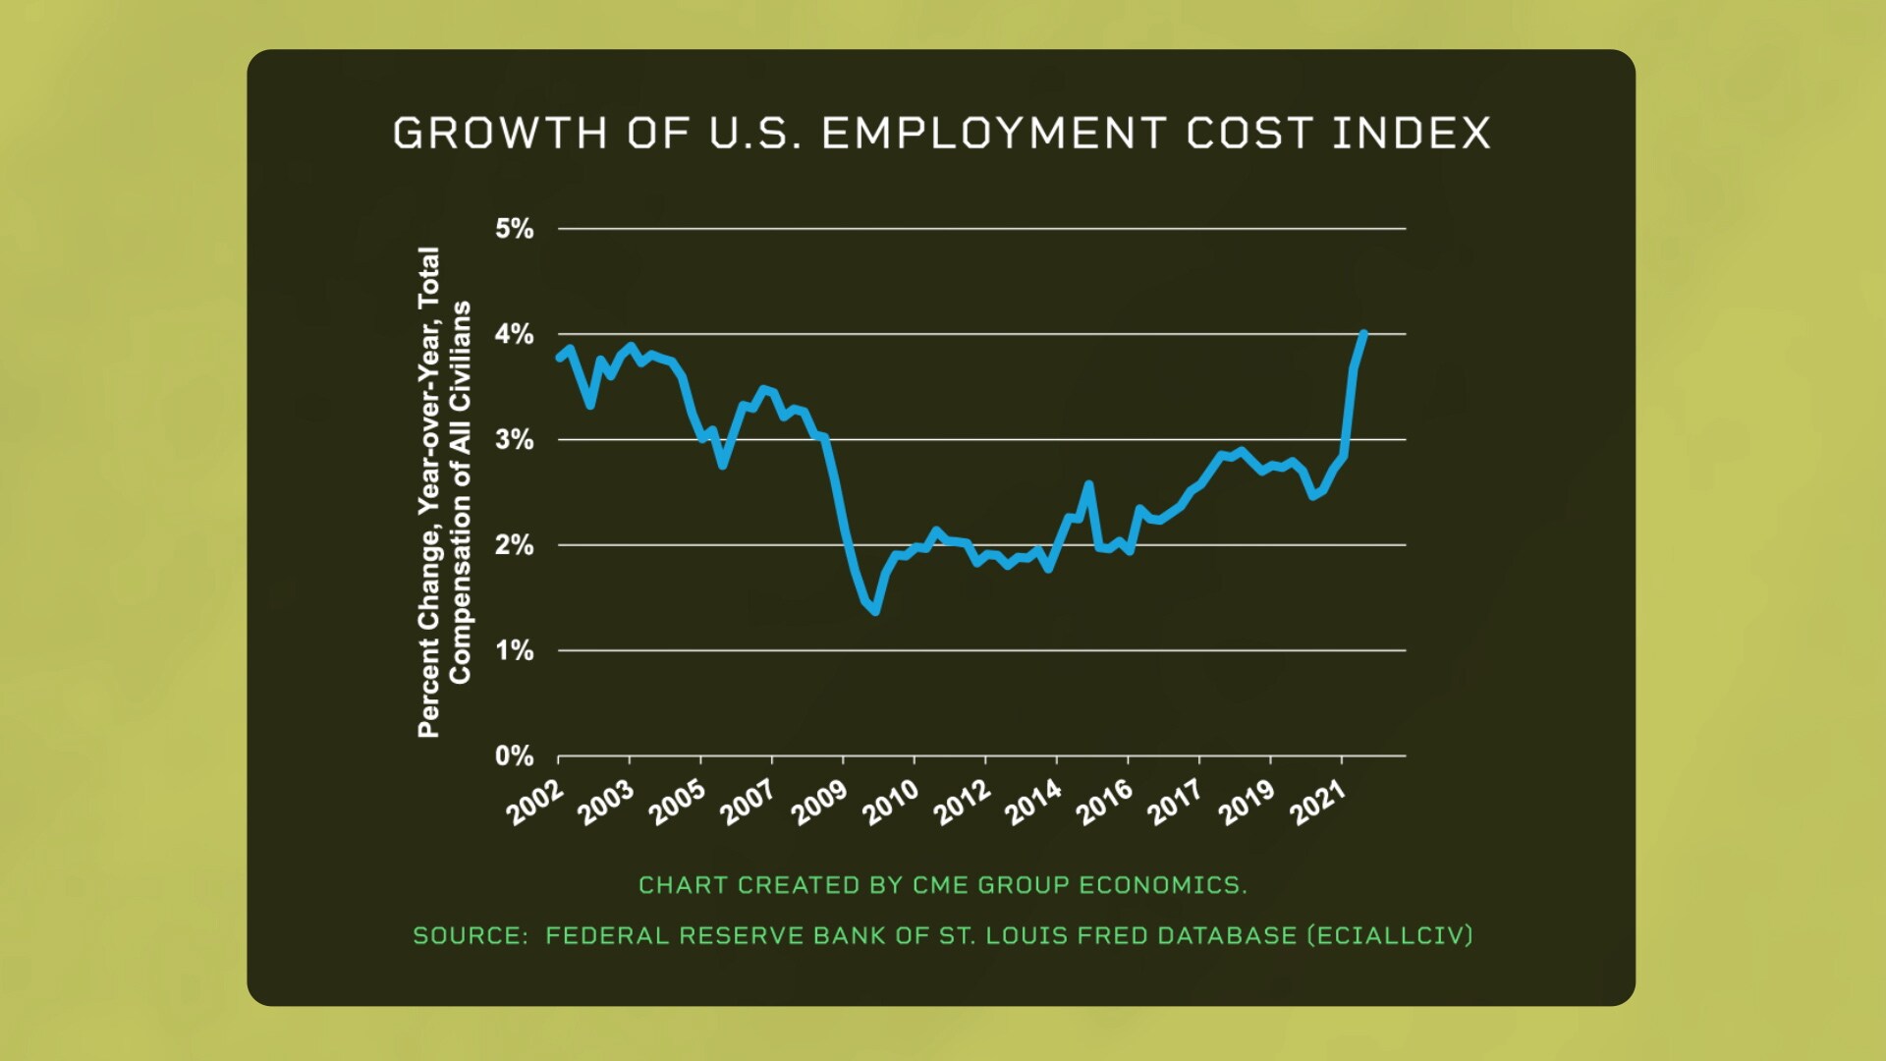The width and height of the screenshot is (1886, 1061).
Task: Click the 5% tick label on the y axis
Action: click(514, 229)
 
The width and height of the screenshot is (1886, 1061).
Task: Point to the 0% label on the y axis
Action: click(514, 756)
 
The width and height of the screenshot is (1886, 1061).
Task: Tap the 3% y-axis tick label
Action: click(514, 440)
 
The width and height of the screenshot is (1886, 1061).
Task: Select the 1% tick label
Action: click(514, 651)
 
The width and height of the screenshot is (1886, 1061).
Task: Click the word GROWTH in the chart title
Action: click(500, 134)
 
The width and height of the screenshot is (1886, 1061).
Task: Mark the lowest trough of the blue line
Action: click(874, 611)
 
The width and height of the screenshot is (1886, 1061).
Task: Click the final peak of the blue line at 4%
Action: click(1362, 334)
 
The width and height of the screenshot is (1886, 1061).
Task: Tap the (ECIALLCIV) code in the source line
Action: click(1390, 935)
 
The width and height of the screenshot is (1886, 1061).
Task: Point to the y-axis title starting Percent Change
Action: click(444, 491)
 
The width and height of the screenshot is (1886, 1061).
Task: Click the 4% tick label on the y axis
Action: click(514, 335)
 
